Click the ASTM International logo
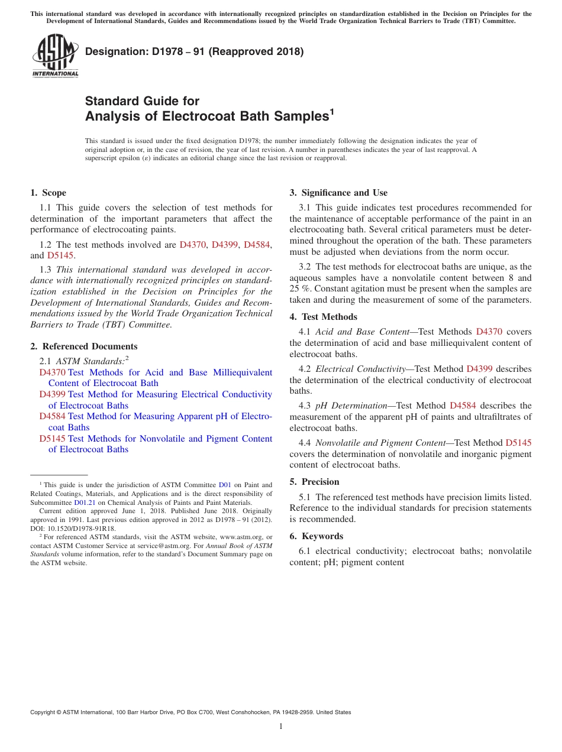click(x=55, y=56)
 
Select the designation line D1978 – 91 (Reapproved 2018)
click(x=194, y=52)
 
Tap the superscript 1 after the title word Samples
click(x=332, y=111)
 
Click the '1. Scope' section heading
click(x=48, y=193)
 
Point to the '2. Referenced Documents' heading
click(x=83, y=346)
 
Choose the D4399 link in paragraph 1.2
click(x=225, y=245)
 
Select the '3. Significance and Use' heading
click(x=338, y=193)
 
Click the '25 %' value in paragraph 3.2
click(x=300, y=289)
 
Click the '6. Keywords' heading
click(x=316, y=536)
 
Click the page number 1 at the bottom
click(x=281, y=727)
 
